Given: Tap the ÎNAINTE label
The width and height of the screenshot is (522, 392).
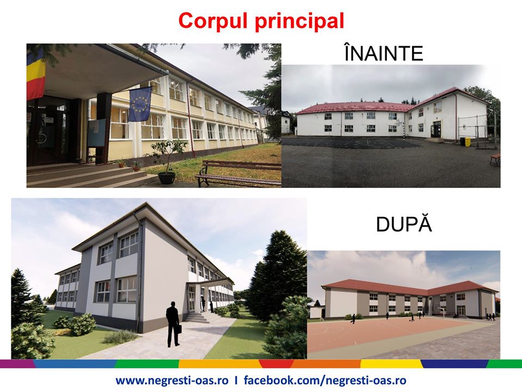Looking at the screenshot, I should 384,54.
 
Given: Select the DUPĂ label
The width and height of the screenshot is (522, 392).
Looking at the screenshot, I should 403,224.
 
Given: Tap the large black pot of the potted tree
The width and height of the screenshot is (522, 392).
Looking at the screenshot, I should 167,177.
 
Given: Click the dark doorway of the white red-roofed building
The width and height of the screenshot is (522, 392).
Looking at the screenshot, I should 436,129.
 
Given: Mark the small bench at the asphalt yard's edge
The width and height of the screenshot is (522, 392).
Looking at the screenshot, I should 495,158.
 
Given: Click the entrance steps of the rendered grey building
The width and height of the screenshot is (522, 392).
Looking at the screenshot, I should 196,317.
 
